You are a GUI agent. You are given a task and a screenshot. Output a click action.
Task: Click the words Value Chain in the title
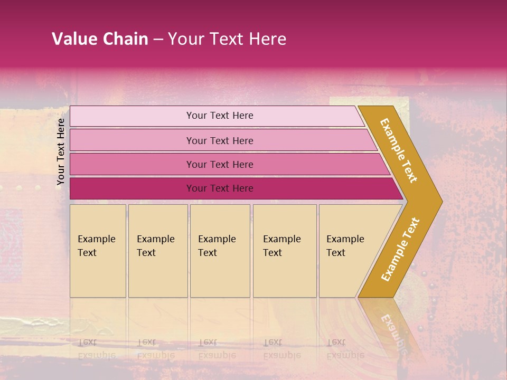pyautogui.click(x=100, y=39)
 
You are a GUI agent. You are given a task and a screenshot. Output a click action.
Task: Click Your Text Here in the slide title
pyautogui.click(x=227, y=39)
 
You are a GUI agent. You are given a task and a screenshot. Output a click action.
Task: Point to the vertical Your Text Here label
pyautogui.click(x=61, y=151)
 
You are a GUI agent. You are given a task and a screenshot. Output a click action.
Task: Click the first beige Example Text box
pyautogui.click(x=98, y=251)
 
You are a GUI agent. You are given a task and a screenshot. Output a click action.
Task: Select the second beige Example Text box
pyautogui.click(x=158, y=251)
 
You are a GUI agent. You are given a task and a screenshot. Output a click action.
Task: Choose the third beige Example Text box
pyautogui.click(x=220, y=251)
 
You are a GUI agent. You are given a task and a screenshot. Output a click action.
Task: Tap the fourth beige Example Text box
pyautogui.click(x=285, y=251)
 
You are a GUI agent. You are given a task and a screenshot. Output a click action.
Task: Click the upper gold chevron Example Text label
pyautogui.click(x=399, y=150)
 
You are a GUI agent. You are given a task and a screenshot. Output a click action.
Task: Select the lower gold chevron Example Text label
pyautogui.click(x=400, y=250)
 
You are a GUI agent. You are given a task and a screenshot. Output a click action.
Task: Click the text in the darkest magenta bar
pyautogui.click(x=220, y=188)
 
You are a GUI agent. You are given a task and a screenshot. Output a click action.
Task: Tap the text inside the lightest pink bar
pyautogui.click(x=220, y=116)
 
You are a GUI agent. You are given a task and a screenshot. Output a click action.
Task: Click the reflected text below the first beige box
pyautogui.click(x=97, y=349)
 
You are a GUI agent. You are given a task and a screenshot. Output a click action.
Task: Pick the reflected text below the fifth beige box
pyautogui.click(x=345, y=349)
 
